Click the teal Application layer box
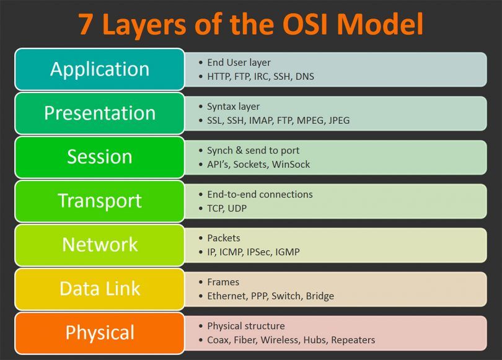[x=100, y=69]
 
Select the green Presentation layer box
[x=100, y=113]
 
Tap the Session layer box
[x=100, y=157]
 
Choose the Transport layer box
[x=100, y=201]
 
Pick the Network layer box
[x=100, y=245]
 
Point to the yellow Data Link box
[x=100, y=289]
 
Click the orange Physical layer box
[x=100, y=333]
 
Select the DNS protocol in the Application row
[x=304, y=76]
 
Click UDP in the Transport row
[x=236, y=208]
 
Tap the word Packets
[x=223, y=238]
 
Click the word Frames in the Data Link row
[x=222, y=282]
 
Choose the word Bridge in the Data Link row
[x=320, y=296]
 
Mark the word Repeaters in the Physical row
[x=353, y=340]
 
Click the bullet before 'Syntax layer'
[x=200, y=107]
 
